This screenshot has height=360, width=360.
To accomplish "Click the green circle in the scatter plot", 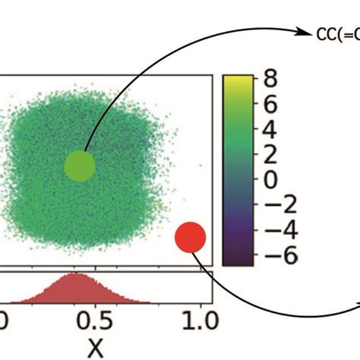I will click(x=80, y=166).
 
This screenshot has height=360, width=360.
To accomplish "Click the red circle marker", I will click(x=190, y=237).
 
